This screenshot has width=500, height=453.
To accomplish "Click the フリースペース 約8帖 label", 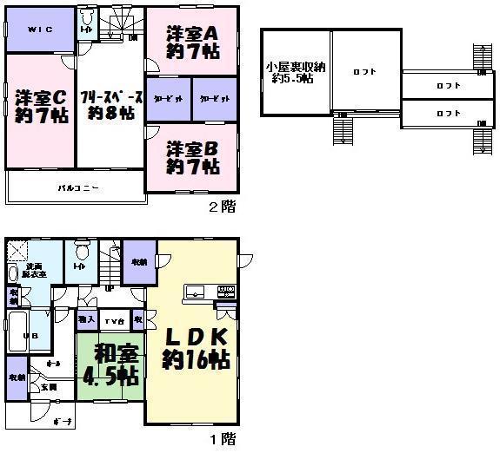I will coord(107,103).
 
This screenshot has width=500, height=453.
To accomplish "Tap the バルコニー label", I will coord(79,187).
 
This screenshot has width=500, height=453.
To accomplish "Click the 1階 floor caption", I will coord(222,439).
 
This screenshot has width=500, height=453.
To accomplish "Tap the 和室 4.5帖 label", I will coord(110,365).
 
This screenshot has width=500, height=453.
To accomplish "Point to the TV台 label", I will coord(114,320).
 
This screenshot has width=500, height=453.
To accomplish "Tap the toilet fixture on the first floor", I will coord(82,254).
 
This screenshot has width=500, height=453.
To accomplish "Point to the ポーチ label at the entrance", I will coord(61,420).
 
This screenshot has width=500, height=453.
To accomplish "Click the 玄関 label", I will coord(49,387).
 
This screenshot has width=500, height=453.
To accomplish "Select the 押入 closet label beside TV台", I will coord(85,320).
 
